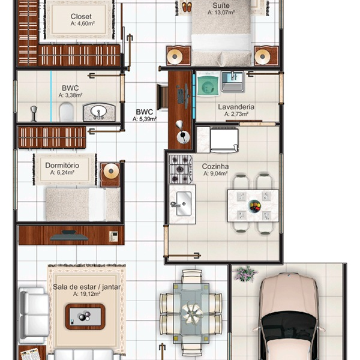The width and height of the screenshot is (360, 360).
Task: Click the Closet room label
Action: (x=81, y=17)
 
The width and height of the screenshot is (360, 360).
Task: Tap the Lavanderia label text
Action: (x=236, y=107)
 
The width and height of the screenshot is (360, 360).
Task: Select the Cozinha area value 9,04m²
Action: (x=215, y=173)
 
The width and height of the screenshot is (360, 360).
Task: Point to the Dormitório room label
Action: (x=62, y=166)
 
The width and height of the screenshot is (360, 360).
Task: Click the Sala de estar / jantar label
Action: (x=87, y=287)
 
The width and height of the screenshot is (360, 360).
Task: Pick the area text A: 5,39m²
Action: (x=145, y=119)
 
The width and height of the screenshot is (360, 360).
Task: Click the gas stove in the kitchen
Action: (x=181, y=169)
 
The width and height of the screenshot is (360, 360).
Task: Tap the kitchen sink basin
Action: (x=184, y=203)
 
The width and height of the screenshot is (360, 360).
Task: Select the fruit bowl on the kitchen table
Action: (x=255, y=205)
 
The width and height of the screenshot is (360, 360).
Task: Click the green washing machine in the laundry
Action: (x=208, y=84)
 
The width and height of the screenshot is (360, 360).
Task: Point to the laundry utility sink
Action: (x=232, y=82)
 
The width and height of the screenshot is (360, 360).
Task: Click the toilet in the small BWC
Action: (x=67, y=112)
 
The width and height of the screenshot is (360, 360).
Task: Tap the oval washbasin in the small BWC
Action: (x=99, y=112)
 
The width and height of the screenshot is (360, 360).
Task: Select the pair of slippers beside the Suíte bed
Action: (x=187, y=7)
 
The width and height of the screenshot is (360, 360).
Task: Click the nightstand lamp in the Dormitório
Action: (x=111, y=171)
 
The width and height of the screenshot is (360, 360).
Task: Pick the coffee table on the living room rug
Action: (x=85, y=317)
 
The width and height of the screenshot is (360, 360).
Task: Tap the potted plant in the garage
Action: (x=245, y=274)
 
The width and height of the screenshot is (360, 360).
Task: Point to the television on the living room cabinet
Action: (x=70, y=236)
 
